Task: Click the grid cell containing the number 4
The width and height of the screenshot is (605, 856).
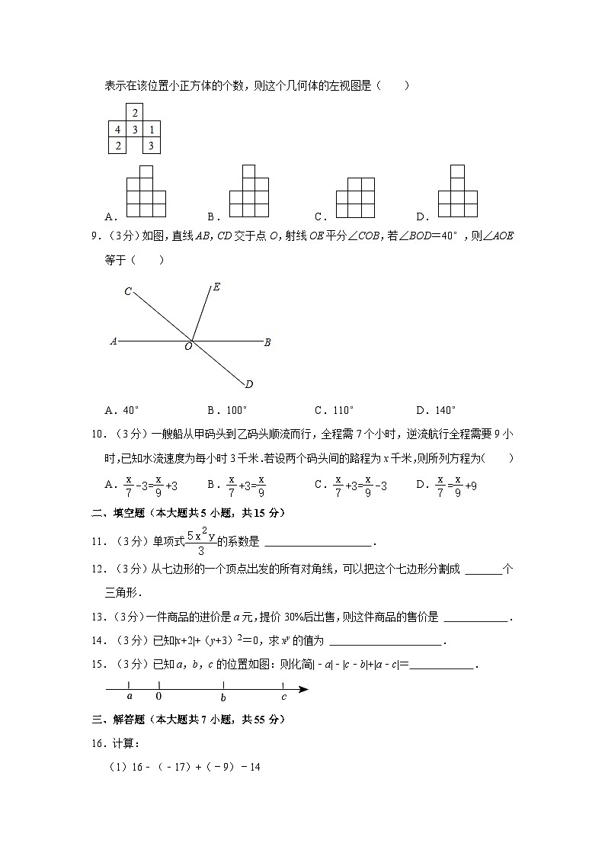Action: pos(117,129)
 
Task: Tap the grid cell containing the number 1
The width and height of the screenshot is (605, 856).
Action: pos(152,129)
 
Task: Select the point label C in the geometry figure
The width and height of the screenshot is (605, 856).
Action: pos(128,290)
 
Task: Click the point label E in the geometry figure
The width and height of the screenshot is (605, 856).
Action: pos(217,287)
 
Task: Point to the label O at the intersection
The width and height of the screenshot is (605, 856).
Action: pos(188,347)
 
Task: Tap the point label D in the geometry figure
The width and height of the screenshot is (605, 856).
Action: pos(249,383)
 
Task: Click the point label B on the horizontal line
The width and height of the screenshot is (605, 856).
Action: pos(267,342)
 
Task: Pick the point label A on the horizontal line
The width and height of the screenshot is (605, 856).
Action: pos(113,342)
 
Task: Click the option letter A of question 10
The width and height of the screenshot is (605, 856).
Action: pos(109,484)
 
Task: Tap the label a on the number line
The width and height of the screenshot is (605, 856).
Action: pos(129,696)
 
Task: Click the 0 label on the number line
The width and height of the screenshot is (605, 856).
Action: pos(158,696)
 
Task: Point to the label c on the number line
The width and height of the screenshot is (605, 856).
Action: pos(283,696)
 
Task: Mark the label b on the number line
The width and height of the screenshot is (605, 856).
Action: pos(222,697)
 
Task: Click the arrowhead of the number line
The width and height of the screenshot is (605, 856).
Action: pos(303,689)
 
